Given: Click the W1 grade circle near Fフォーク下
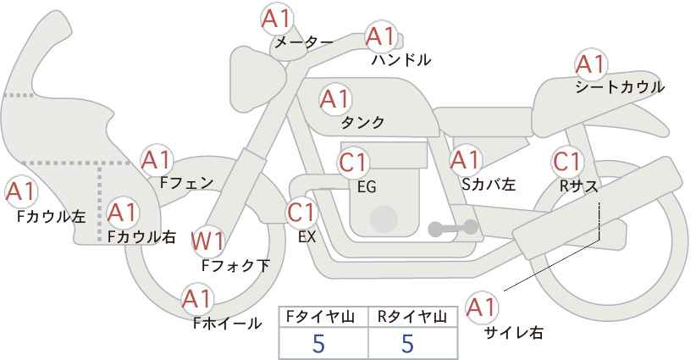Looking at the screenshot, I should click(207, 241).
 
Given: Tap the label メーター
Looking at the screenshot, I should click(303, 42).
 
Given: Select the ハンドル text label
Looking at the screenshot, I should click(401, 60).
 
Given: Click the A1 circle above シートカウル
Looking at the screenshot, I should click(590, 64).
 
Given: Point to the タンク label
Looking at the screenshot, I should click(362, 123).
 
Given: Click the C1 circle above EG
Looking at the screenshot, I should click(354, 162).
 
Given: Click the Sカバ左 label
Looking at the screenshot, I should click(489, 183).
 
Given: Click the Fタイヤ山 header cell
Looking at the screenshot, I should click(323, 317).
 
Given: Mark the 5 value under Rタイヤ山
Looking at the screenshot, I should click(407, 343).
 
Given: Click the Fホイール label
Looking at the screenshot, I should click(227, 323).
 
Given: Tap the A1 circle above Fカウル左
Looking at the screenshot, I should click(20, 191).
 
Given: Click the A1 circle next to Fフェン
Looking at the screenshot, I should click(156, 159).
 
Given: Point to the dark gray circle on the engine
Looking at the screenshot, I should click(384, 218).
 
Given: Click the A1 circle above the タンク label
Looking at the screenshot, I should click(334, 99).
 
